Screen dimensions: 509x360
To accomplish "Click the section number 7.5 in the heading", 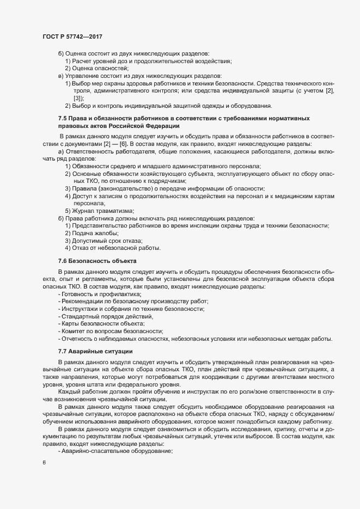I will (63, 118).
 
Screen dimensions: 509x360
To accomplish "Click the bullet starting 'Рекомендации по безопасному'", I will (133, 301).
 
